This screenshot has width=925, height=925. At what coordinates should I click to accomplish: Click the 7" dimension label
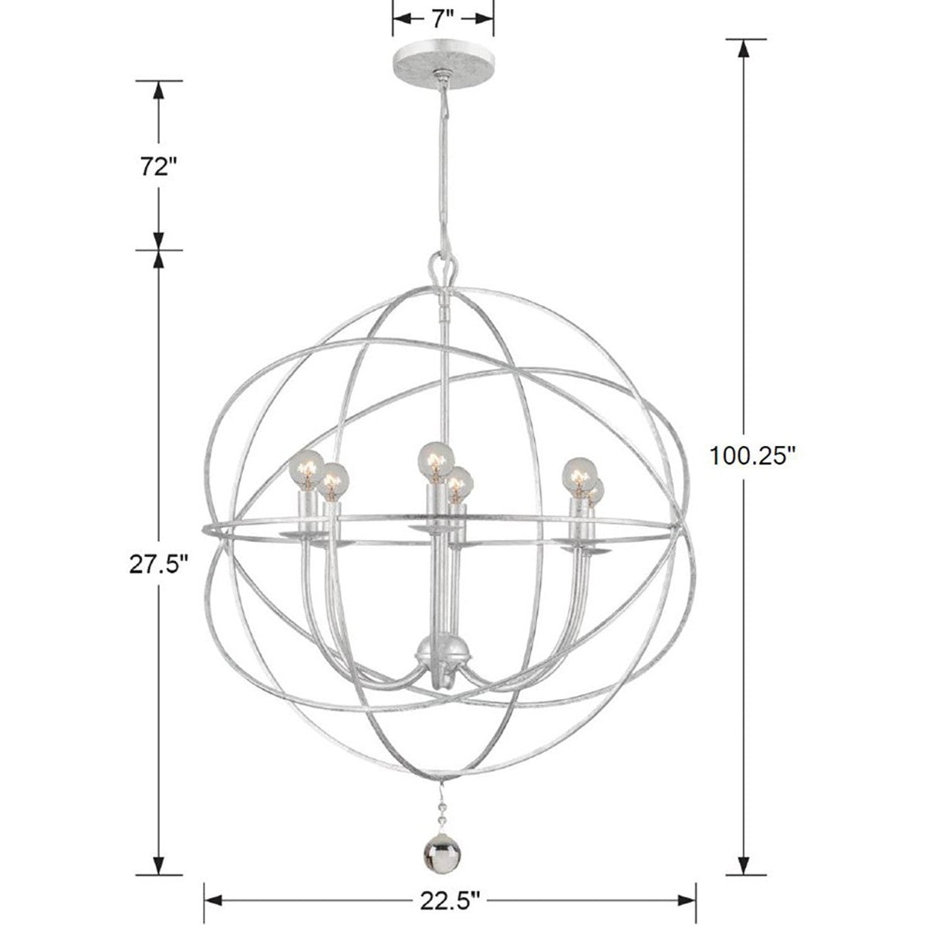point(443,19)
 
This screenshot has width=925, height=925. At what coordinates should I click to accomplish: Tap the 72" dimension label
point(158,167)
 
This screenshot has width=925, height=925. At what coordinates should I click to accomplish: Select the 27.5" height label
point(158,565)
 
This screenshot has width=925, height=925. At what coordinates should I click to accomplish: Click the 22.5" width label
point(450,901)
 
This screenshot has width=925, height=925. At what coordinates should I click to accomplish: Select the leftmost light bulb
point(306,470)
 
